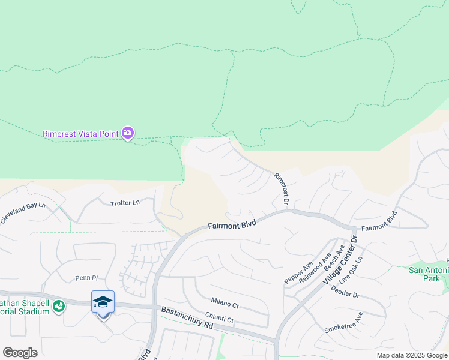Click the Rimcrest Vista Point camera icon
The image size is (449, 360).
click(128, 133)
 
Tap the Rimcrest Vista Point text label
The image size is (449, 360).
click(80, 133)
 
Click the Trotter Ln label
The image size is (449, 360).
click(125, 203)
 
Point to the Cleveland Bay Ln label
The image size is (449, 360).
click(23, 213)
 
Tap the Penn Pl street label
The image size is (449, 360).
click(86, 278)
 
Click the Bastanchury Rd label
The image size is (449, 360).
click(187, 317)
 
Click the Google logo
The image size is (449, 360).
click(20, 352)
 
